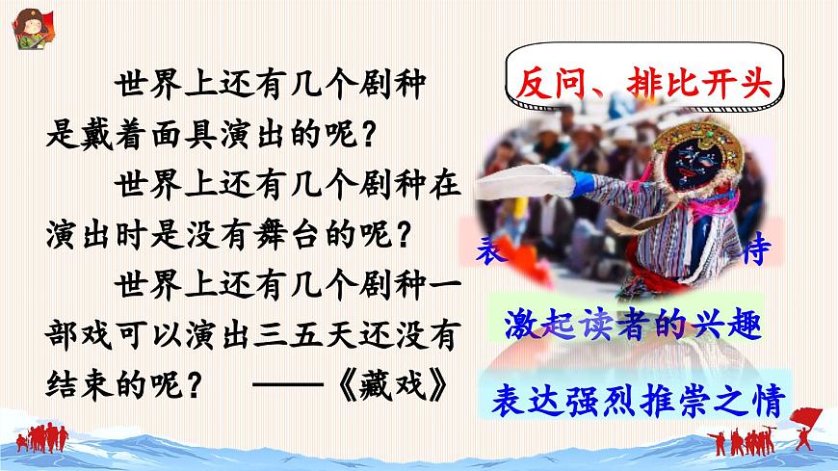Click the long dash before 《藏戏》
coord(289,383)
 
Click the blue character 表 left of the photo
coord(488,252)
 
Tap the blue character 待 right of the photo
coord(759,252)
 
